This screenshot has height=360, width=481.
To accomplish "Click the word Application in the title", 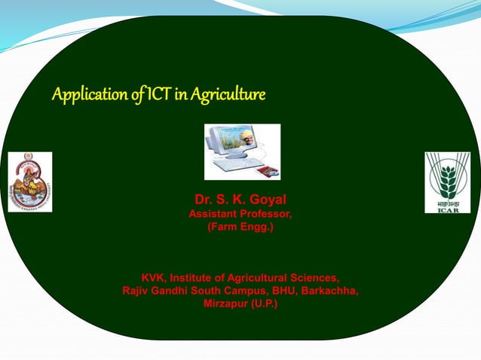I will tap(83, 96).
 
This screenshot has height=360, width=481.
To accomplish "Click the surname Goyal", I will tap(265, 200).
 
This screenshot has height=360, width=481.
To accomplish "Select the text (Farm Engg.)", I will tap(240, 227).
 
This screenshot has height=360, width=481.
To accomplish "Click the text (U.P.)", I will tap(264, 304).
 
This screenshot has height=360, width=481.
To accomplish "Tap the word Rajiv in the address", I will tap(137, 291).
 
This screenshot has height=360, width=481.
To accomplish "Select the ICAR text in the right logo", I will tap(447, 209).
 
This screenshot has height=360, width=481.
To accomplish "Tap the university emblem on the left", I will tap(29, 182).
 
